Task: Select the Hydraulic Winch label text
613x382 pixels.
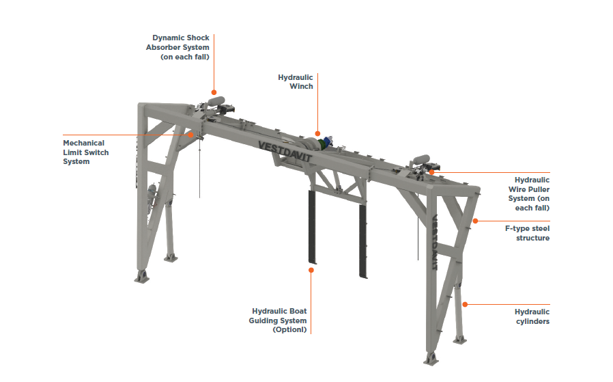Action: click(296, 82)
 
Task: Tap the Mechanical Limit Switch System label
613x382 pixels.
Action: click(85, 152)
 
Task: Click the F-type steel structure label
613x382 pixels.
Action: click(527, 233)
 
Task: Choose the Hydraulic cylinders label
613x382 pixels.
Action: click(532, 316)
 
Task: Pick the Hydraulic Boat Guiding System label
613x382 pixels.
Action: click(279, 320)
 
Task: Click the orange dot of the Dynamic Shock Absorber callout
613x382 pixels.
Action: click(214, 92)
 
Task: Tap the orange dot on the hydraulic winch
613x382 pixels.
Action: click(317, 133)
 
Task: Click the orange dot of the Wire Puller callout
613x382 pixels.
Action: click(431, 172)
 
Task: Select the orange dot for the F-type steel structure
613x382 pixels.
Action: click(476, 221)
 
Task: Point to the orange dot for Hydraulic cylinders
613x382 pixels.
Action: click(465, 304)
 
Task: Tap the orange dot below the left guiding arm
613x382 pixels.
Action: click(311, 270)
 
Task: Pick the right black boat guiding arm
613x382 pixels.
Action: click(364, 239)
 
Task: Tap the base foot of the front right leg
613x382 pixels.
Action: click(431, 358)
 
